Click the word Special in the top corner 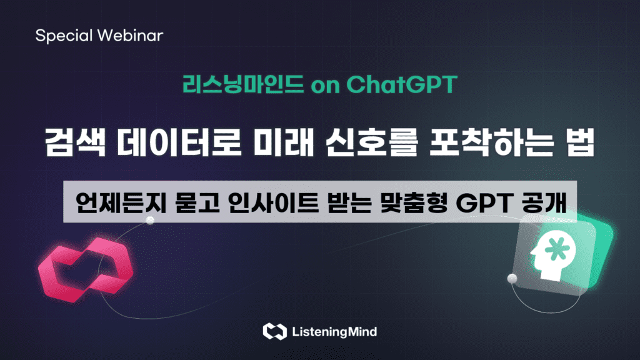(64, 36)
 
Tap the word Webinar (131, 35)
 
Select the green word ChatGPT (402, 84)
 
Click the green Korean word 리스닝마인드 (243, 84)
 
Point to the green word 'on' (325, 86)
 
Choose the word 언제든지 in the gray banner (121, 202)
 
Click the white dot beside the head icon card (512, 279)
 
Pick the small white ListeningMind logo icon (275, 331)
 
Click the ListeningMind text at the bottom (334, 332)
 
